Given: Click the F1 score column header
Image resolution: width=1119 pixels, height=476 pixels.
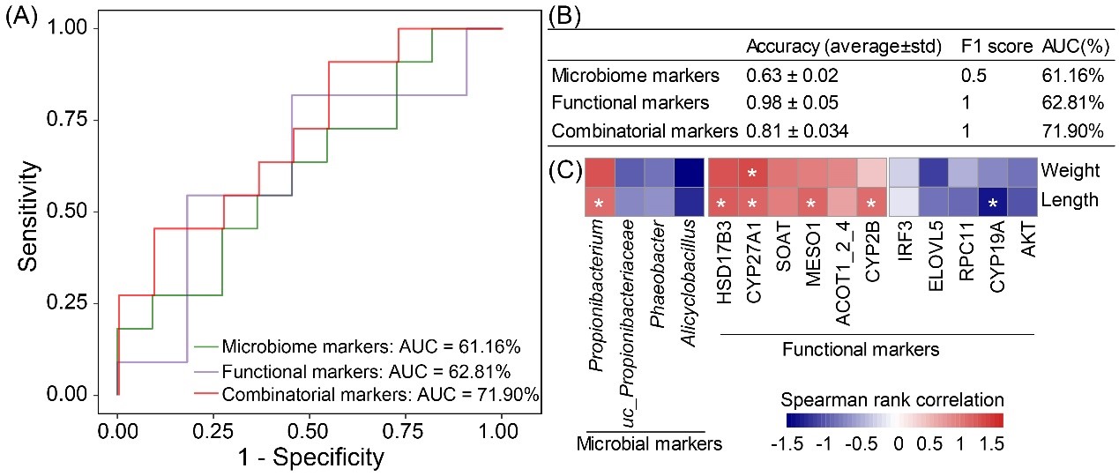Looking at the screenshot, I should [994, 46].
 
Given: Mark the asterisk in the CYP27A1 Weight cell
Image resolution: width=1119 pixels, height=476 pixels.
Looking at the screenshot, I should [751, 173].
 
